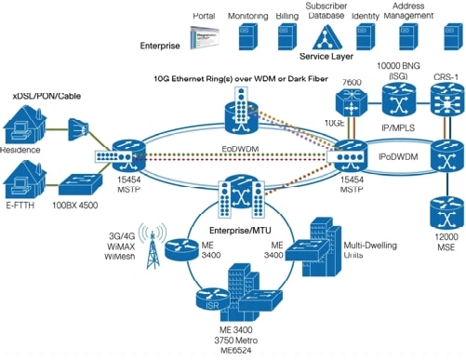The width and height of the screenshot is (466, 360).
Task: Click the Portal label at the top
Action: click(204, 17)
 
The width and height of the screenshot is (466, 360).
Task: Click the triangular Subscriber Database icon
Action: click(327, 39)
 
